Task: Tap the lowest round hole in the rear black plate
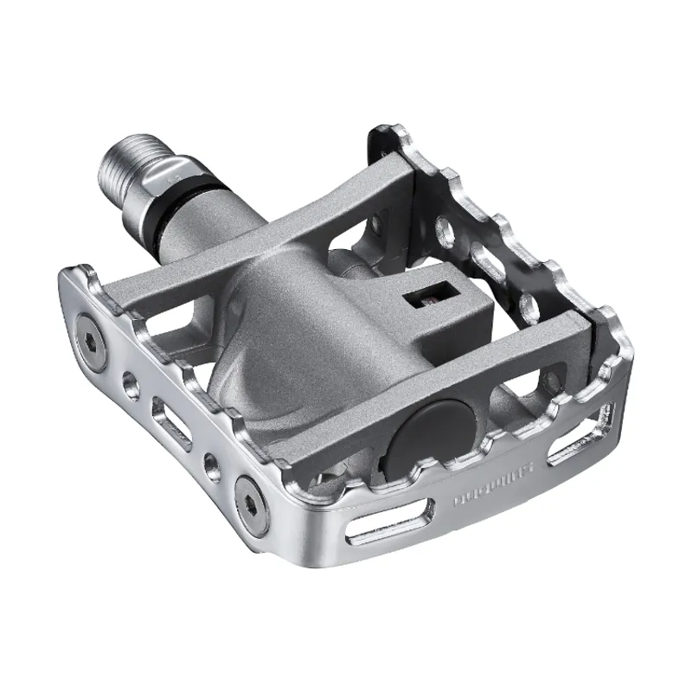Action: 522,302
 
